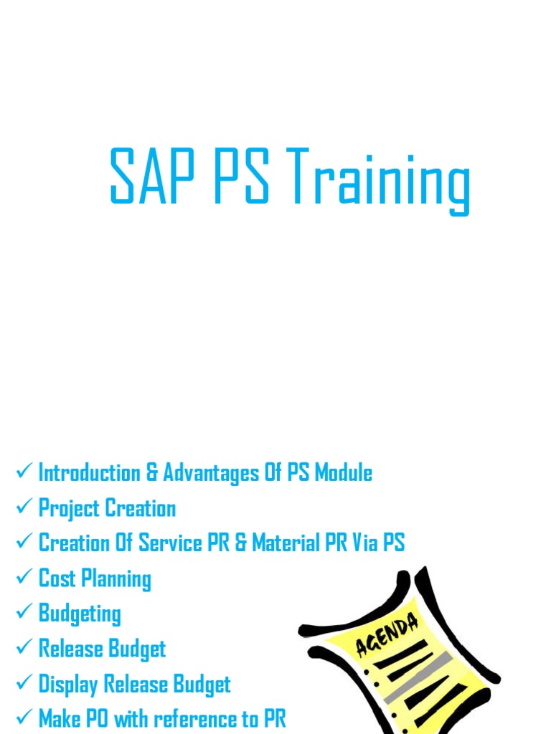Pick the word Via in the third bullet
[x=366, y=543]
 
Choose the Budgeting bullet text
[x=80, y=614]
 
